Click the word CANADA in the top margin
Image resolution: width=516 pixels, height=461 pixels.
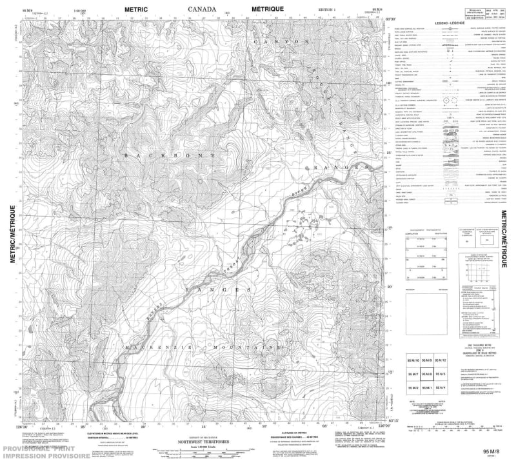pos(201,9)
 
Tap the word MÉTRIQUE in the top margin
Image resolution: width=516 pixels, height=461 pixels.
pos(265,9)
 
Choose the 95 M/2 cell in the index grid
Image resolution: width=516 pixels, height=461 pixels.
pos(413,387)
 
